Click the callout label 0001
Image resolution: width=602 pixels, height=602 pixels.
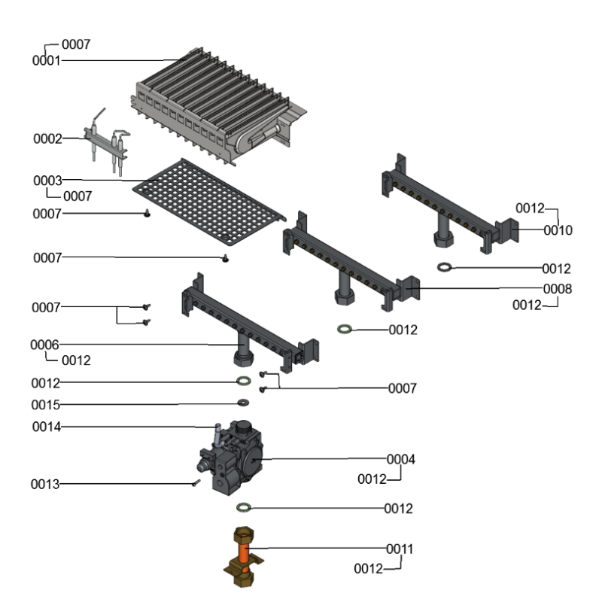click(46, 60)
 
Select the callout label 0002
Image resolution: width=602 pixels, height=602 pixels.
click(47, 138)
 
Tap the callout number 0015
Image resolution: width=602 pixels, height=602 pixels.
click(45, 405)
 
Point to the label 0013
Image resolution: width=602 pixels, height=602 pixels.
click(45, 484)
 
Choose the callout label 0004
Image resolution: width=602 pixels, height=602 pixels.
click(400, 459)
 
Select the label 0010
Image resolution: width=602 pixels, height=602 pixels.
click(558, 230)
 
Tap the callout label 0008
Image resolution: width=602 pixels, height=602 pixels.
click(558, 288)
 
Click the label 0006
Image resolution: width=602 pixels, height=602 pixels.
click(45, 344)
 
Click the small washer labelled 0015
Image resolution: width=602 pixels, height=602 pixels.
click(244, 403)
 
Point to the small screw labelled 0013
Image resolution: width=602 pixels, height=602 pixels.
click(195, 483)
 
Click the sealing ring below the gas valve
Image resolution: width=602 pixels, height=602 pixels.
click(244, 508)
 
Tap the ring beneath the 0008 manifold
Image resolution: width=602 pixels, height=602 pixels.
click(345, 329)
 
